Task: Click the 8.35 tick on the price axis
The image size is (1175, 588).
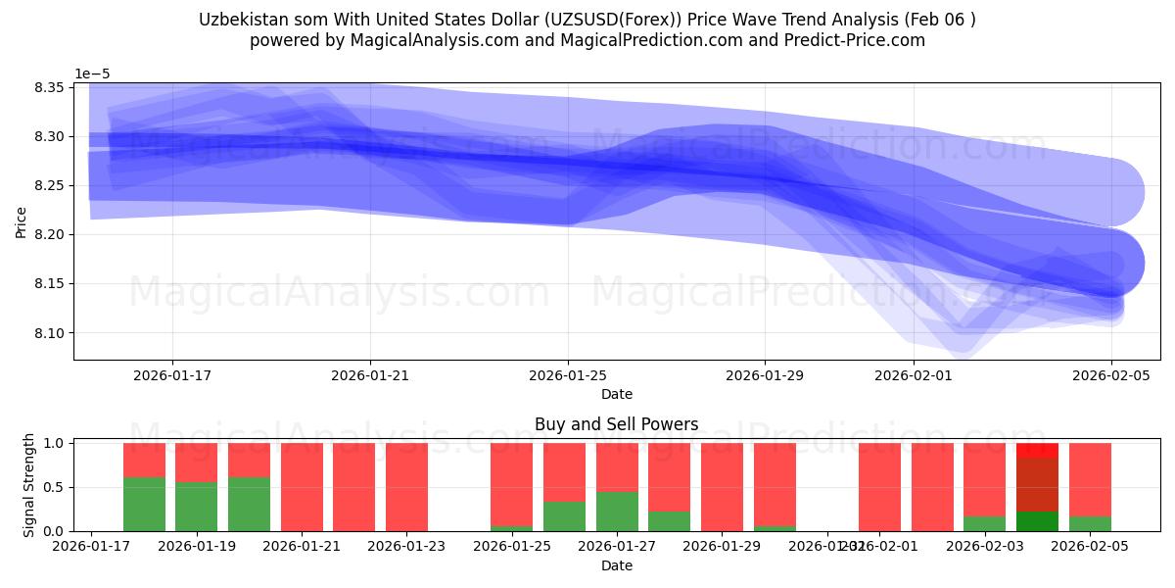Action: [50, 88]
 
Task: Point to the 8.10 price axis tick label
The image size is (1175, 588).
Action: [50, 333]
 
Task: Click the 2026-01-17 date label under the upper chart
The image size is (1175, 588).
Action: [172, 374]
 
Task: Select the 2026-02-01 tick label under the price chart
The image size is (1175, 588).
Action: [914, 374]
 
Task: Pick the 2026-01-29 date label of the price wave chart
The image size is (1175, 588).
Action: [765, 374]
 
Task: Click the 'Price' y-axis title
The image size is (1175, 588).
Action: [21, 221]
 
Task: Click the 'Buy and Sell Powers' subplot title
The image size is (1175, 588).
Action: [617, 424]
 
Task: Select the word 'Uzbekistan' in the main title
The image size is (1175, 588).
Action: [239, 20]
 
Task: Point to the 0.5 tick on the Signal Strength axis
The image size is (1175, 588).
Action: [55, 487]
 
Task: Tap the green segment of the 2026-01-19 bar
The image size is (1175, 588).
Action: [197, 507]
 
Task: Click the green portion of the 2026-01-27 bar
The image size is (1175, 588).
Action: [617, 512]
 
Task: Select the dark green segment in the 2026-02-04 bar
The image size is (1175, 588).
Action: [1037, 521]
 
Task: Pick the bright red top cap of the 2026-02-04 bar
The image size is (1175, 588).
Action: [1037, 450]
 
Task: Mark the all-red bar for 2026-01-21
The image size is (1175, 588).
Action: [302, 487]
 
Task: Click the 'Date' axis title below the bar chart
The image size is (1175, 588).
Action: [617, 565]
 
